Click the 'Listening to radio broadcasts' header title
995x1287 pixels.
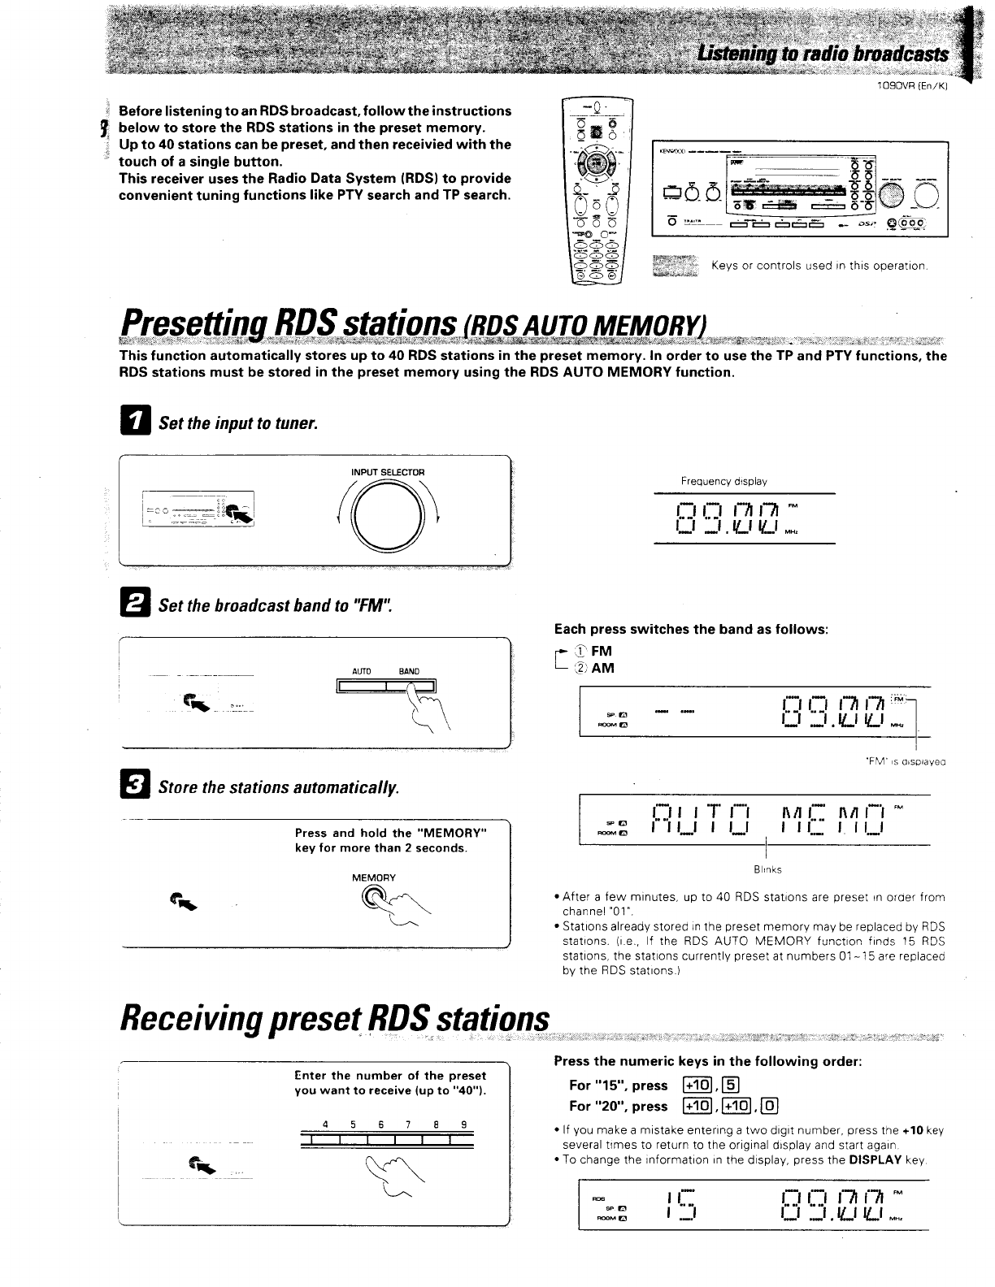822,54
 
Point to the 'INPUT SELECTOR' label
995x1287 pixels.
388,472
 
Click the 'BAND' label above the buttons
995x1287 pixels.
409,671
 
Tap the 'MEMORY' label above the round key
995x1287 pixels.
374,877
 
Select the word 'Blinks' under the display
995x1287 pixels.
767,869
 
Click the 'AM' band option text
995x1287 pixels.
602,668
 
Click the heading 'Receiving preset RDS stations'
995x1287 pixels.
333,1020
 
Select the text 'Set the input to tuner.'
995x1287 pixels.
237,423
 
